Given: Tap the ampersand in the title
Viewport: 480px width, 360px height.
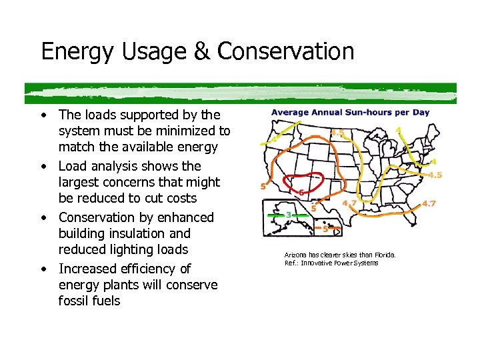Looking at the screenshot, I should click(x=201, y=51).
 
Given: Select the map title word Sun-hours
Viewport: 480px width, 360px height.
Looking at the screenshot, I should click(x=375, y=113).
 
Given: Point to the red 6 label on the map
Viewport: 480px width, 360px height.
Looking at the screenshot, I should click(x=302, y=192).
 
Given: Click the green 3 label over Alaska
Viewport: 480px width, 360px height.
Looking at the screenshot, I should click(x=288, y=215).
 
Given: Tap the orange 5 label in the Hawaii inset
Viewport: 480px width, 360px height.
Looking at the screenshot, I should click(x=325, y=229).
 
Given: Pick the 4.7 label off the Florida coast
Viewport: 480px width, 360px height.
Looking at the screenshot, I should click(x=429, y=204).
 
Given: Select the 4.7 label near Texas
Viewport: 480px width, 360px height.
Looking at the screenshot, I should click(x=349, y=203).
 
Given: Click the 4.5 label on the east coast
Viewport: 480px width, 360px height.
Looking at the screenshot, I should click(x=435, y=175).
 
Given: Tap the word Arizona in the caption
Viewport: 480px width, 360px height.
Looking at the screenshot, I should click(x=295, y=255).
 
